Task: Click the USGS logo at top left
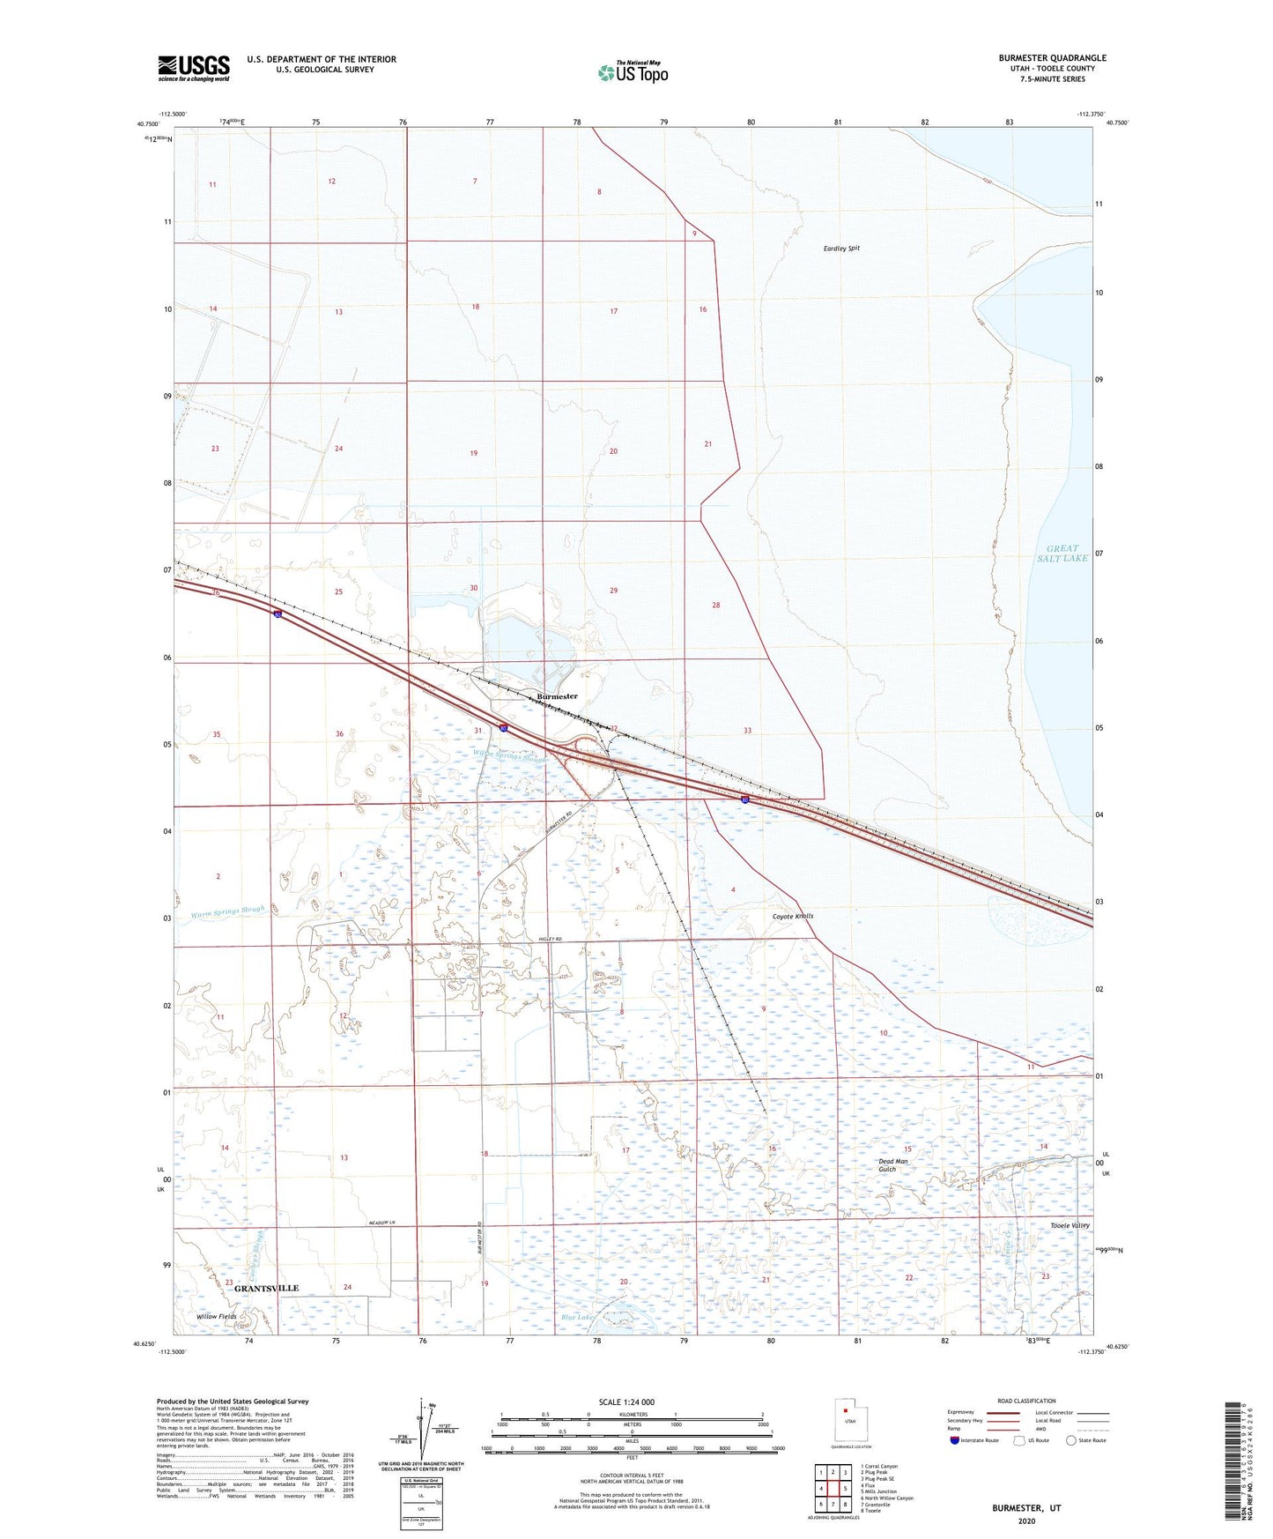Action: pyautogui.click(x=194, y=68)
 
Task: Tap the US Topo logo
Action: pyautogui.click(x=632, y=72)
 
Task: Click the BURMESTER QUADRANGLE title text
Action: pyautogui.click(x=1052, y=58)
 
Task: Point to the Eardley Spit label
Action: pyautogui.click(x=840, y=249)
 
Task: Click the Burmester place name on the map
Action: pyautogui.click(x=557, y=696)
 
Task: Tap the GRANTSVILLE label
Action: pyautogui.click(x=266, y=1289)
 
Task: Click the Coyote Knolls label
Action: pyautogui.click(x=793, y=916)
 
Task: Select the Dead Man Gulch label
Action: pyautogui.click(x=892, y=1165)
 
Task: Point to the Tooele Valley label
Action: pyautogui.click(x=1069, y=1226)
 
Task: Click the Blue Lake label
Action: pyautogui.click(x=578, y=1317)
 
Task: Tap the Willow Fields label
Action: pyautogui.click(x=217, y=1317)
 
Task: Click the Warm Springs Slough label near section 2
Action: pyautogui.click(x=228, y=912)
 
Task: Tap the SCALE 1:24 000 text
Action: pyautogui.click(x=625, y=1401)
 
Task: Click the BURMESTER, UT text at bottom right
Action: pyautogui.click(x=1026, y=1508)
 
